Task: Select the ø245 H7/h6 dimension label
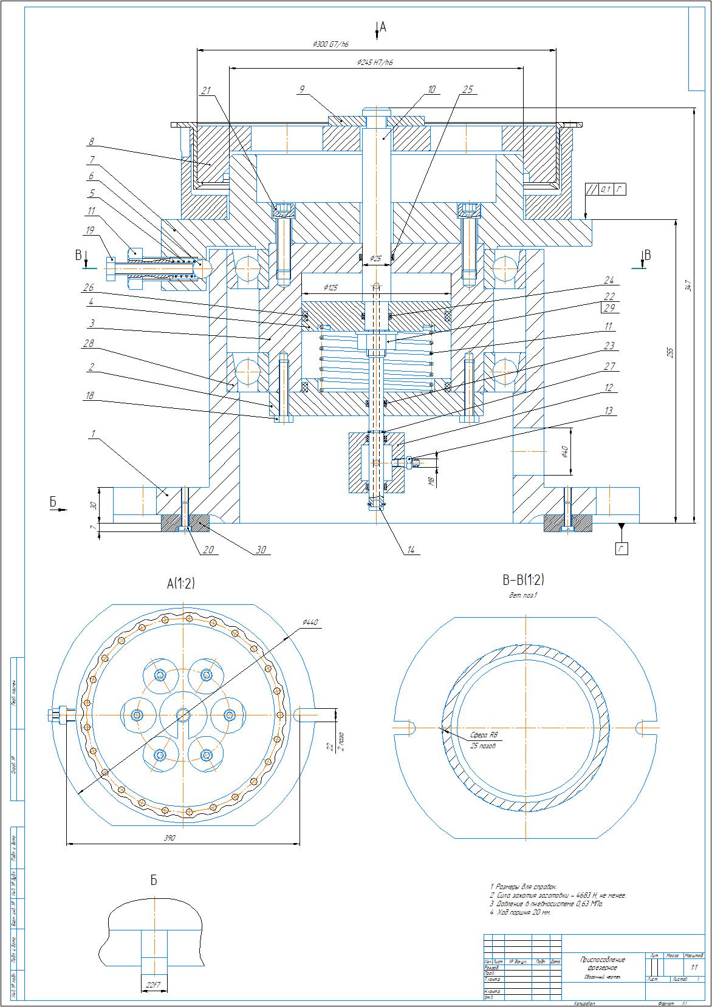coord(375,63)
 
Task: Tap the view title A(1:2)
coord(181,584)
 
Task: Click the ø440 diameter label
coord(310,623)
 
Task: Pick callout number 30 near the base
coord(262,550)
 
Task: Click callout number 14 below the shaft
coord(411,550)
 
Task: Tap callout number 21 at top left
coord(205,90)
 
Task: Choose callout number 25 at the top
coord(467,90)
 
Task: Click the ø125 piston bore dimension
coord(330,287)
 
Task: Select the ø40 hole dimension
coord(564,452)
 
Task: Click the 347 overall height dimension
coord(688,285)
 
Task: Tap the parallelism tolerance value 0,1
coord(605,189)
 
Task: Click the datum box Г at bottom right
coord(621,548)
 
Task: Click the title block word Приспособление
coord(602,960)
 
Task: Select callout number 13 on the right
coord(609,411)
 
